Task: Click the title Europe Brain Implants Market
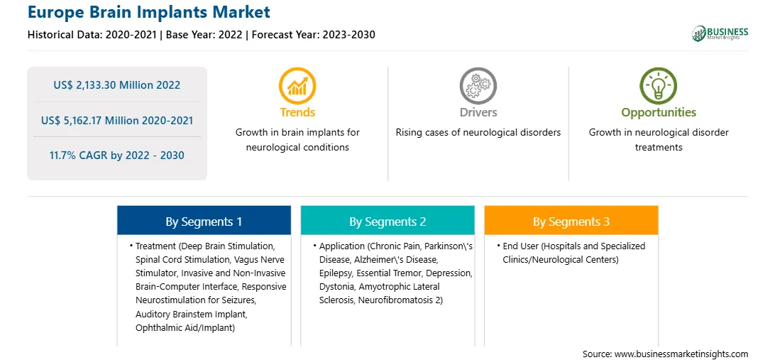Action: coord(149,12)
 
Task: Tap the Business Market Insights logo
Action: coord(720,33)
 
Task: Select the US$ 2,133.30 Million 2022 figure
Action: coord(116,85)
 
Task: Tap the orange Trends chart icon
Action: coord(297,85)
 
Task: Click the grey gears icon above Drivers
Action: coord(478,85)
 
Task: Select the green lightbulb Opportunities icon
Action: coord(659,85)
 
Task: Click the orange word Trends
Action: coord(297,113)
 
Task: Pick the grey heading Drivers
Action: coord(478,113)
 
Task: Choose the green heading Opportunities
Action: coord(659,113)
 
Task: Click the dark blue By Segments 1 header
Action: coord(204,220)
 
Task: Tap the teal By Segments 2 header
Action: coord(387,220)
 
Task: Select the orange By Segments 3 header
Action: coord(571,220)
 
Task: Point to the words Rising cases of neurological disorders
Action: coord(478,133)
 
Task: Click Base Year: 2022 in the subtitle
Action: coord(204,35)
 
